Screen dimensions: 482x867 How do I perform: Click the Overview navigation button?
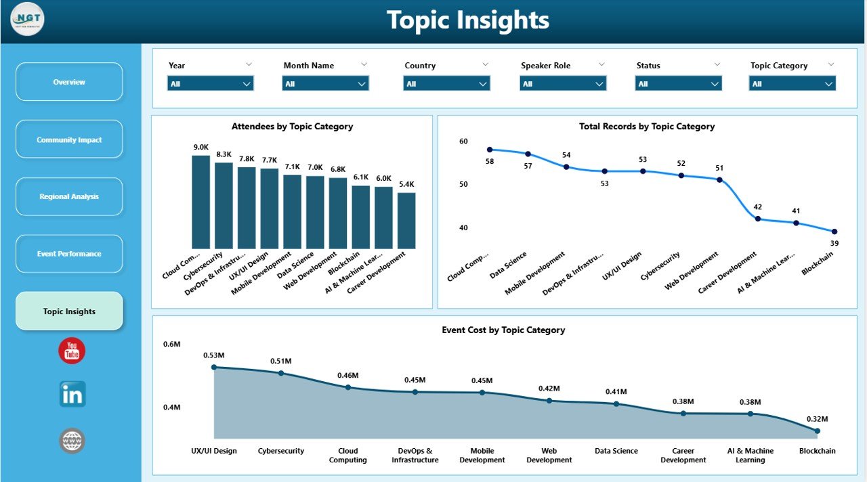(x=69, y=82)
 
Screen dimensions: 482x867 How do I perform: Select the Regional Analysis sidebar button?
(x=69, y=196)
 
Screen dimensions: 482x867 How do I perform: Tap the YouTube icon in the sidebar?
(x=72, y=351)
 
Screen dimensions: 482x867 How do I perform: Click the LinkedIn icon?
(x=72, y=394)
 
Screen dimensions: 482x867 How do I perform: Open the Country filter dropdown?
(x=446, y=84)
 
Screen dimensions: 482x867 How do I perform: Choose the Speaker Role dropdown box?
(x=563, y=84)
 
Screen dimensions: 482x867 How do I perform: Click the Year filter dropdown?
(x=210, y=84)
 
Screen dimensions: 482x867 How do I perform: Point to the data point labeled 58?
(x=490, y=150)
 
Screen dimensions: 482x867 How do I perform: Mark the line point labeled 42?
(x=758, y=219)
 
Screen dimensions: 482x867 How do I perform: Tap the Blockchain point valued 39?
(x=834, y=232)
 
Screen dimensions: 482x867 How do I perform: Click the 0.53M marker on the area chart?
(x=214, y=367)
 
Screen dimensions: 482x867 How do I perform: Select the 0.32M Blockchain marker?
(x=818, y=431)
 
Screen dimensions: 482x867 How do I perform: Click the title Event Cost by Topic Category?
(x=503, y=330)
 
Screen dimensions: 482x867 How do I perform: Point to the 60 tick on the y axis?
(x=463, y=141)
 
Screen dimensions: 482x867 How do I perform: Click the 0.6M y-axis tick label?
(x=172, y=345)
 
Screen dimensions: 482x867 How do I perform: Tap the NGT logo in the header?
(x=28, y=20)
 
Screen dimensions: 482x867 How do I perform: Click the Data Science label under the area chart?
(x=616, y=451)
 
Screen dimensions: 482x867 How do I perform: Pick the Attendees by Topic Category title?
(x=292, y=127)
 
